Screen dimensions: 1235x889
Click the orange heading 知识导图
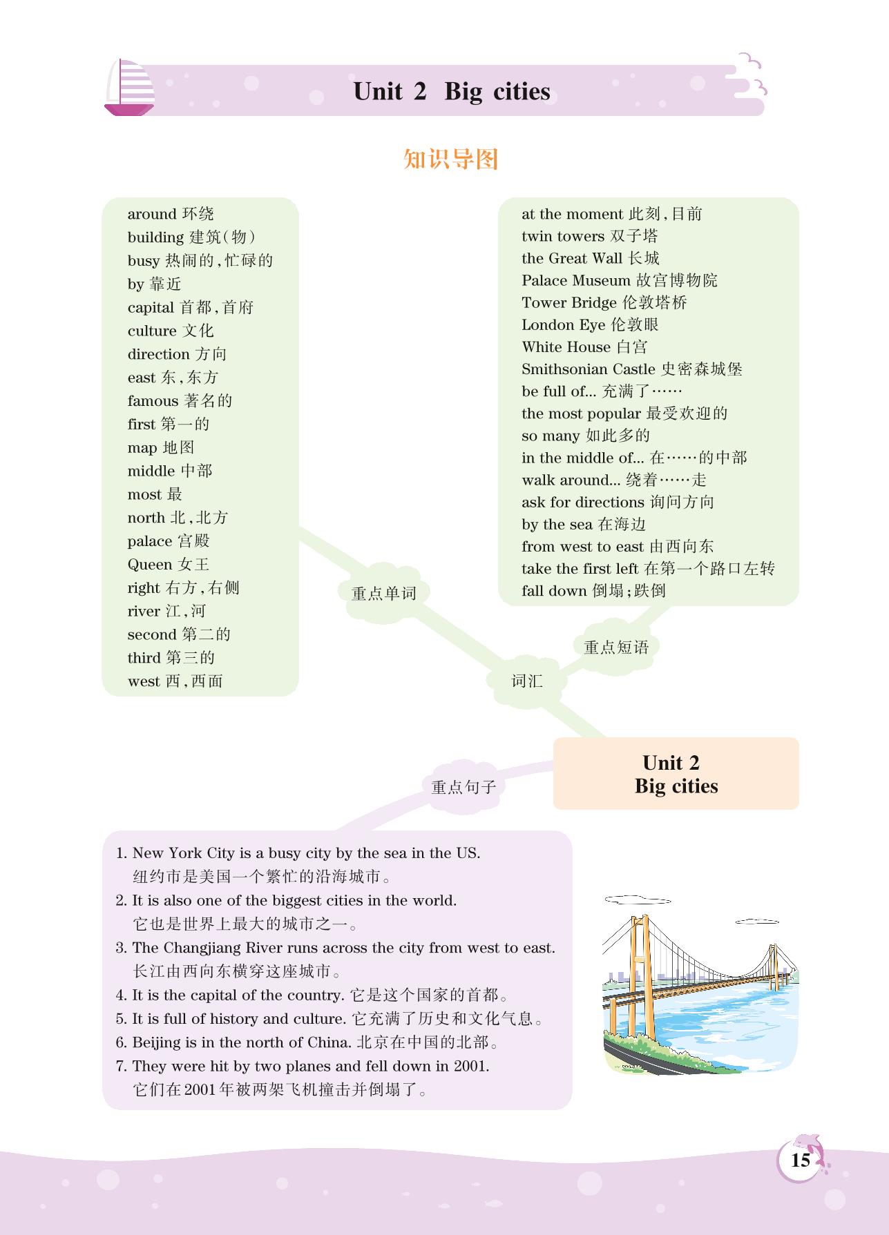[x=450, y=159]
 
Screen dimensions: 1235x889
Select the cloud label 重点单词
[x=383, y=593]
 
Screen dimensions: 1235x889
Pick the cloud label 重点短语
[x=616, y=647]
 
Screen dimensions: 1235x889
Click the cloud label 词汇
[x=527, y=681]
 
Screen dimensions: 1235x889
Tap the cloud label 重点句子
[x=463, y=787]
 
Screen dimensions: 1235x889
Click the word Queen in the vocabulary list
[x=149, y=565]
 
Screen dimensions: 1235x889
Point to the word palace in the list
[x=149, y=541]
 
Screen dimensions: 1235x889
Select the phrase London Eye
[x=563, y=324]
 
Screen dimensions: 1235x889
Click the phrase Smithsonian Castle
[x=588, y=369]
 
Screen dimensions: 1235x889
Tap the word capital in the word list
[x=151, y=307]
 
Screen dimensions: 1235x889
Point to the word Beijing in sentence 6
[x=155, y=1042]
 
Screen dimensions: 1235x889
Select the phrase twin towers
[x=563, y=236]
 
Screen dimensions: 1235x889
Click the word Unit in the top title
[x=377, y=92]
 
